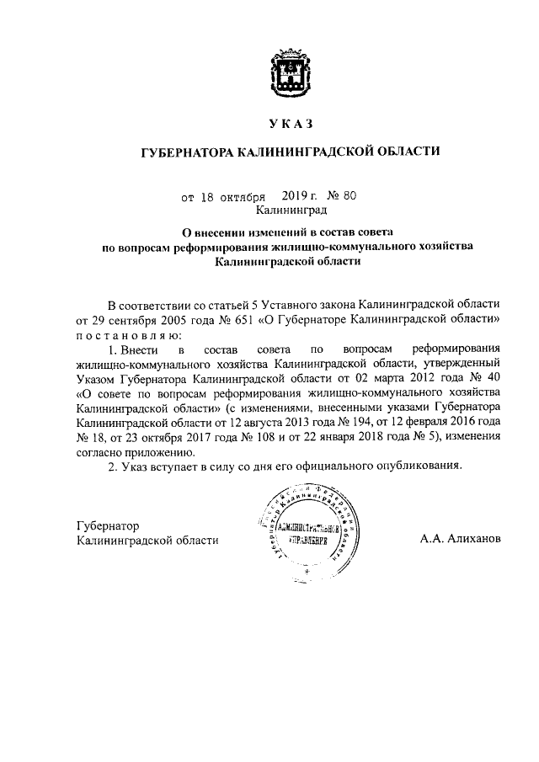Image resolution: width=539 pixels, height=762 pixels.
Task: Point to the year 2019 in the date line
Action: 282,196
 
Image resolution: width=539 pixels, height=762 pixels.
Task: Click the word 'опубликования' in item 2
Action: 420,466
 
